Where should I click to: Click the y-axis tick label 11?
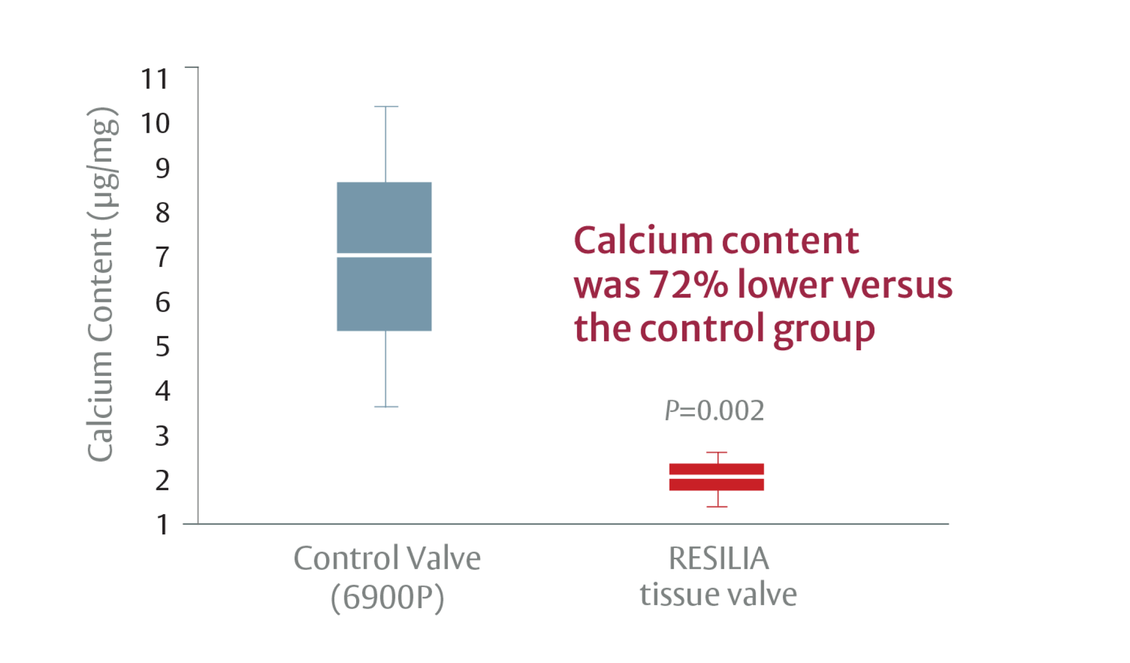tap(155, 79)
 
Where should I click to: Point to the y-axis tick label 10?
tap(155, 124)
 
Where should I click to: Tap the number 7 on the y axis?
tap(162, 257)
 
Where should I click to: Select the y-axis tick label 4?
tap(162, 391)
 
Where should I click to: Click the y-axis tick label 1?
tap(162, 525)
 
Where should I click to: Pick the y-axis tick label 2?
tap(162, 480)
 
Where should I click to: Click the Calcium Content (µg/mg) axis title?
tap(102, 284)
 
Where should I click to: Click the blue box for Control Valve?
tap(384, 257)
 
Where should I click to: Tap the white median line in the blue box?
tap(384, 255)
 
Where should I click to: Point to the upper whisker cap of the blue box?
tap(386, 107)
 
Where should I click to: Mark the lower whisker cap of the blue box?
tap(386, 407)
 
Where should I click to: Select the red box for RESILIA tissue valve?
tap(717, 477)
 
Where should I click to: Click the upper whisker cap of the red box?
tap(717, 453)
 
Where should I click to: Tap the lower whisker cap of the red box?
tap(717, 506)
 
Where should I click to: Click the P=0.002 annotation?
tap(714, 410)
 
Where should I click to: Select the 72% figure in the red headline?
tap(688, 285)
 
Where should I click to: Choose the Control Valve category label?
tap(387, 558)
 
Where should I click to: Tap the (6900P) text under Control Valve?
tap(387, 598)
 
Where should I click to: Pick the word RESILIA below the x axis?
tap(719, 558)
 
